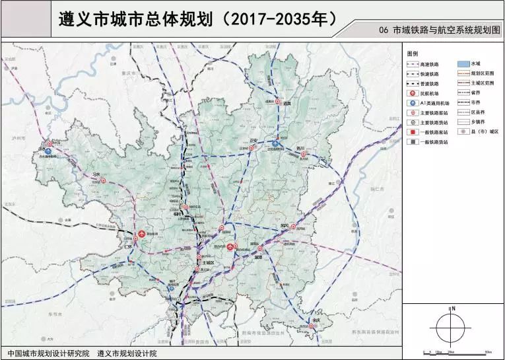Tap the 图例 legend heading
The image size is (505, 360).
[x=413, y=52]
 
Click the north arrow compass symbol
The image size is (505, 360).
[x=453, y=324]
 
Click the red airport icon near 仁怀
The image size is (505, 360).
[x=141, y=234]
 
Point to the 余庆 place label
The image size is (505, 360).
[x=318, y=321]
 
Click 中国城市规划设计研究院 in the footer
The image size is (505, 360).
[x=47, y=353]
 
